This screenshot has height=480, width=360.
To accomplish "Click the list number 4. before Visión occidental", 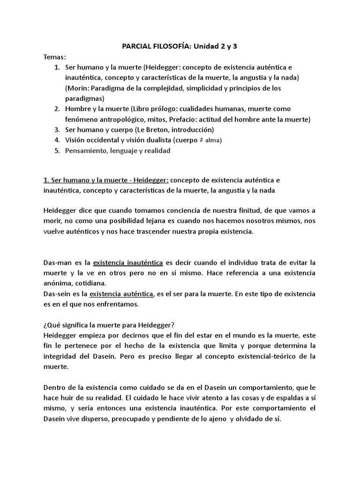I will pyautogui.click(x=57, y=140).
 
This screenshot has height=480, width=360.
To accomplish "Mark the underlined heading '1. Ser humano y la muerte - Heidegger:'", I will pyautogui.click(x=107, y=180).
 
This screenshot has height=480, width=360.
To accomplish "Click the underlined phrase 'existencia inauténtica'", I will pyautogui.click(x=128, y=263).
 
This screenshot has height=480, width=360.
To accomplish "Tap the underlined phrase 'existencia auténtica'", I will pyautogui.click(x=121, y=294).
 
